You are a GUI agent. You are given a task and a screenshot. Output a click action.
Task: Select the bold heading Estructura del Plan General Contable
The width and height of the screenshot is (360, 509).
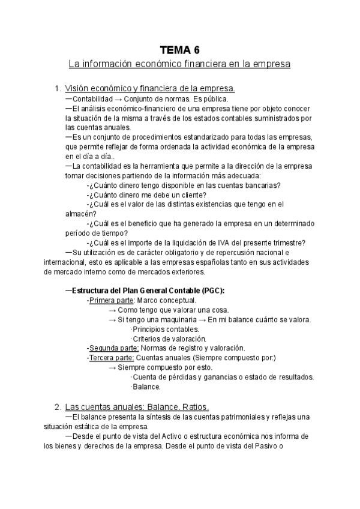[x=148, y=291]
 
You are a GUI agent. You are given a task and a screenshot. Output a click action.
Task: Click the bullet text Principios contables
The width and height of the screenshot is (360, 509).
[x=166, y=329]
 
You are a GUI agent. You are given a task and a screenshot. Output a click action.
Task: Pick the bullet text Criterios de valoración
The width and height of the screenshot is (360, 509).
[x=165, y=339]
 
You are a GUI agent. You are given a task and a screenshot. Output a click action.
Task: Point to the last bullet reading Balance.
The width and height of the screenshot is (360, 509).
[x=146, y=387]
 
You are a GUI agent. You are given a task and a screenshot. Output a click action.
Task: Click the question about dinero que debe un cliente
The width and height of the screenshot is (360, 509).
[x=148, y=194]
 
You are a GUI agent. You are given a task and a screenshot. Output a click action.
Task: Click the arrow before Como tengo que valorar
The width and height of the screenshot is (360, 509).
[x=112, y=310]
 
